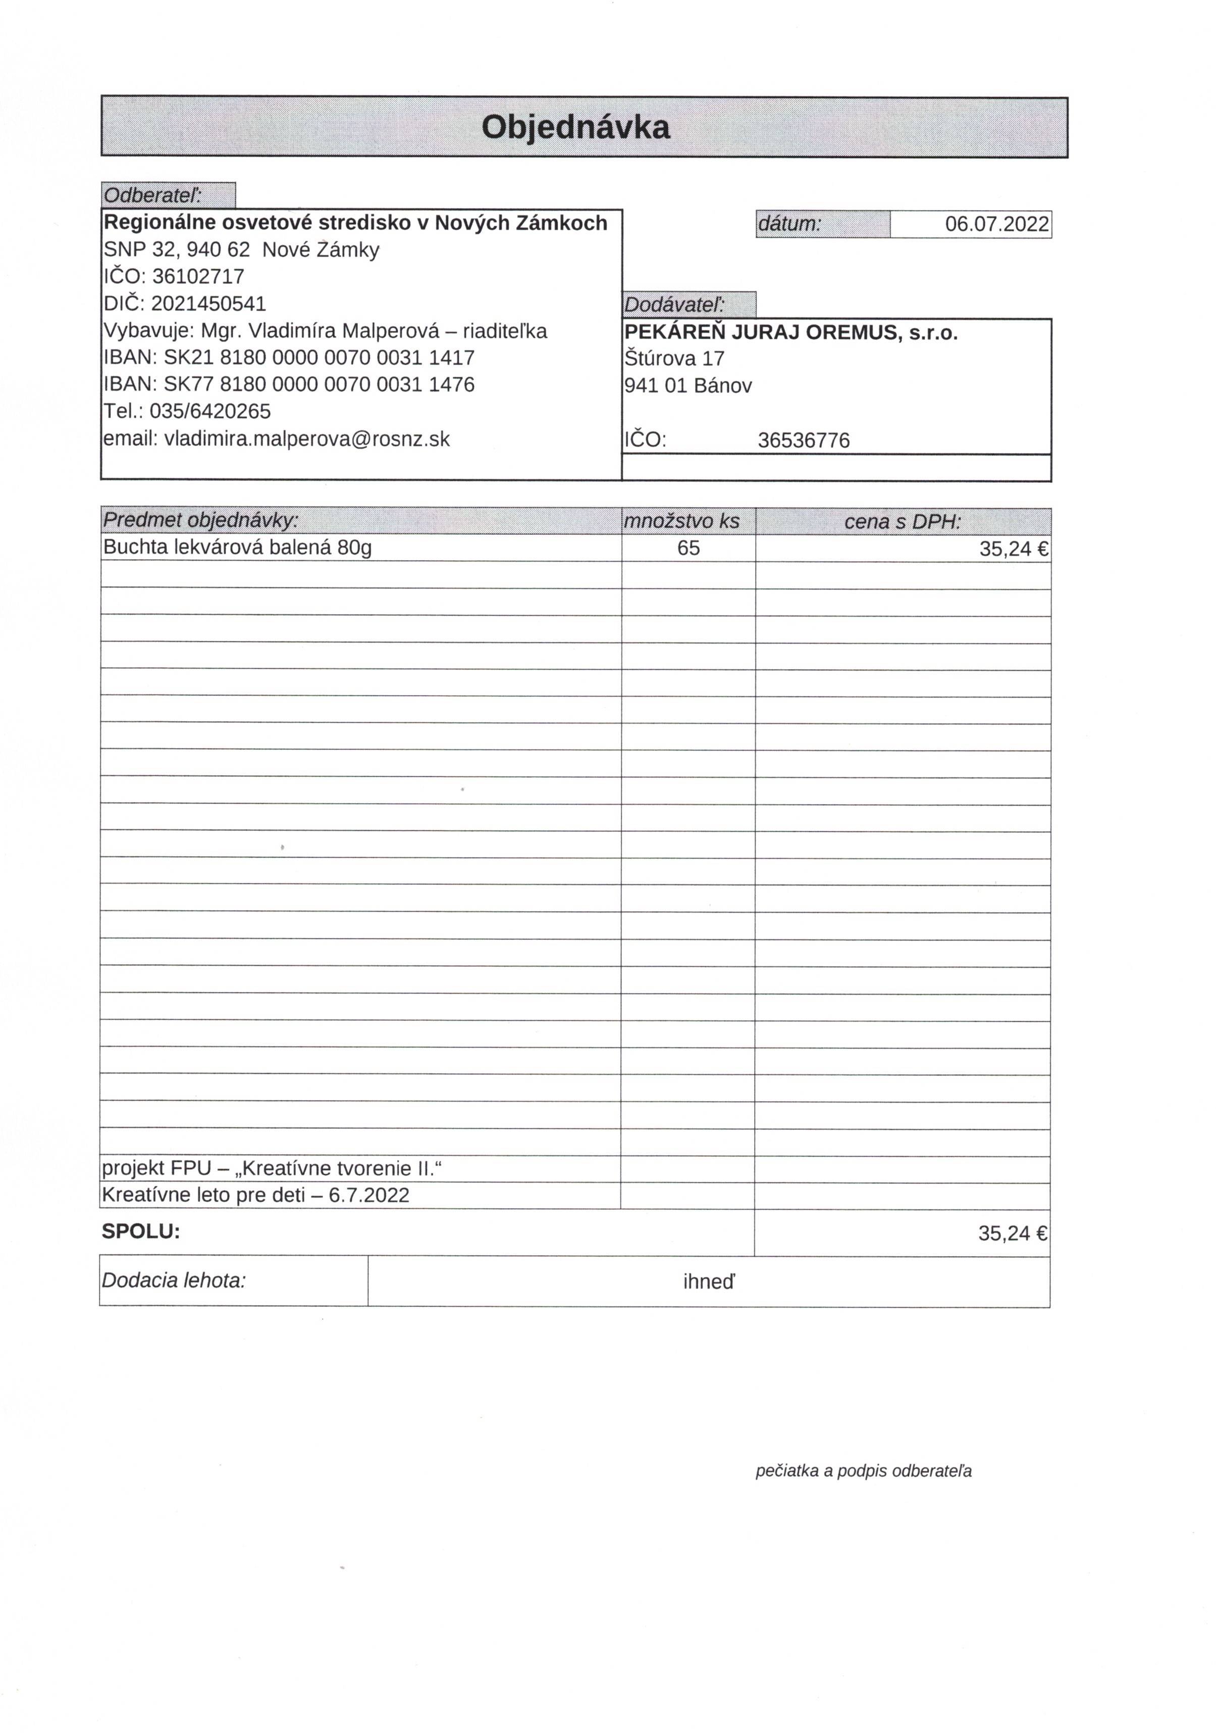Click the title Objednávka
pyautogui.click(x=575, y=127)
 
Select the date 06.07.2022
pyautogui.click(x=996, y=224)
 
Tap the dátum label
pyautogui.click(x=788, y=224)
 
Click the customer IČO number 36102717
pyautogui.click(x=198, y=276)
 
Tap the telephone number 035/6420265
pyautogui.click(x=209, y=411)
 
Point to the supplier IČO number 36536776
pyautogui.click(x=804, y=440)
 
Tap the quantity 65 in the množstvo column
pyautogui.click(x=689, y=548)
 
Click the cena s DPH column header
pyautogui.click(x=903, y=521)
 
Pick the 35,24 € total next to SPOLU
pyautogui.click(x=1012, y=1233)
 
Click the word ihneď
pyautogui.click(x=709, y=1281)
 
